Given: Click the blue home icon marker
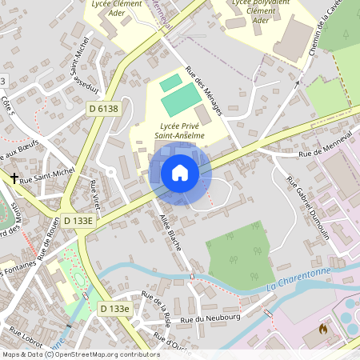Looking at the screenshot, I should pyautogui.click(x=180, y=173).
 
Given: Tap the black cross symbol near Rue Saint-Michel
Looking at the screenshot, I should pyautogui.click(x=14, y=178).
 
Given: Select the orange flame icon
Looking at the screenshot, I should pyautogui.click(x=323, y=328).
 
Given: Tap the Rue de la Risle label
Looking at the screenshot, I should pyautogui.click(x=157, y=307).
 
